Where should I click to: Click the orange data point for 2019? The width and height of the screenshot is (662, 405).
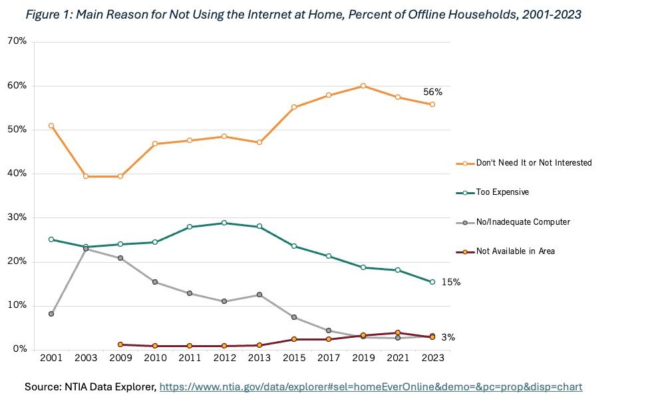363,86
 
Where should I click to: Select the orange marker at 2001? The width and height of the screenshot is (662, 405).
51,126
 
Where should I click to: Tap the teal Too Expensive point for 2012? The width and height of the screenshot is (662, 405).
224,223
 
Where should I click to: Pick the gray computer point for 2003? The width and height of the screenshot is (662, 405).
86,249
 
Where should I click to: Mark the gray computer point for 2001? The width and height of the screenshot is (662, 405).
51,314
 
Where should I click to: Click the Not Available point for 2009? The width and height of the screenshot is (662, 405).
120,344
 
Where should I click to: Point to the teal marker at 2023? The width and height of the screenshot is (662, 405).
432,282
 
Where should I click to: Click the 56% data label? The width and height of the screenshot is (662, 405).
432,92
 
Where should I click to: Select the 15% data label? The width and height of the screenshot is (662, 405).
451,282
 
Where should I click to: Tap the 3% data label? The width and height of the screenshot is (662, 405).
448,338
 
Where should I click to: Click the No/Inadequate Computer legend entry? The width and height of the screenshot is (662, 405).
523,221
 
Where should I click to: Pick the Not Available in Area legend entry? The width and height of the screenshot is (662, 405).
515,251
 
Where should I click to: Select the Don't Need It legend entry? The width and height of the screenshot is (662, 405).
534,163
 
